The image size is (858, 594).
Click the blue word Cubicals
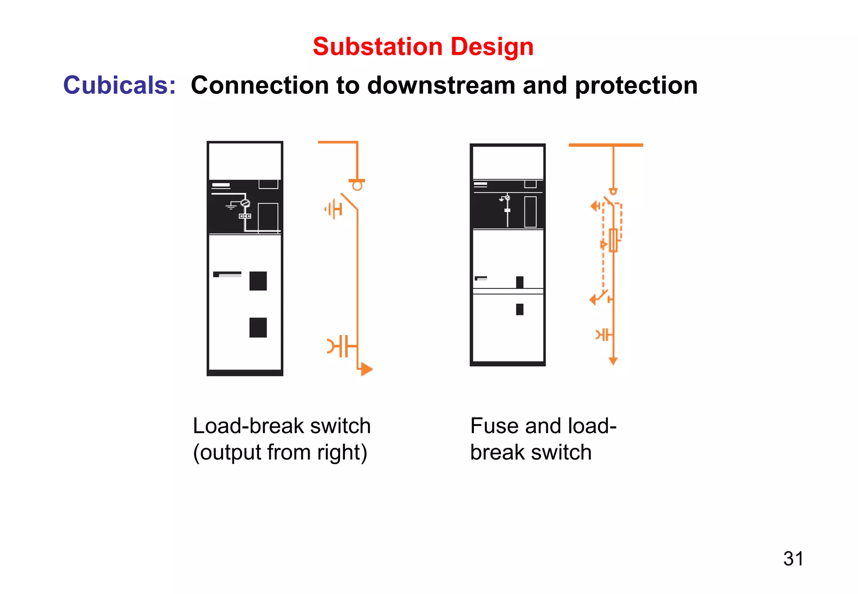(119, 85)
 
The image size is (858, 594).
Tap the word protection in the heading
(636, 86)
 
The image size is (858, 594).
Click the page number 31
(793, 558)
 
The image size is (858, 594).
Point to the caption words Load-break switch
(282, 426)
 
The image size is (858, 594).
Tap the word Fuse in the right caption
(494, 426)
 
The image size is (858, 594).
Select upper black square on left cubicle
(258, 281)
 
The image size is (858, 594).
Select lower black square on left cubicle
(258, 327)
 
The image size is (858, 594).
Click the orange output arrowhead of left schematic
(366, 369)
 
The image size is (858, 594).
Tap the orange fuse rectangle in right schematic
(613, 240)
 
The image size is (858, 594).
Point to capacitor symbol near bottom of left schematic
(342, 346)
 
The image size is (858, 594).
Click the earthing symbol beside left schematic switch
(333, 209)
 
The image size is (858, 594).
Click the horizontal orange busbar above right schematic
(605, 145)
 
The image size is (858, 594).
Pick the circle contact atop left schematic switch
(357, 186)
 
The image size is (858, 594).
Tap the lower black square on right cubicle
(519, 309)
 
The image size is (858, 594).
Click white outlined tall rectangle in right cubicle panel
(530, 212)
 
